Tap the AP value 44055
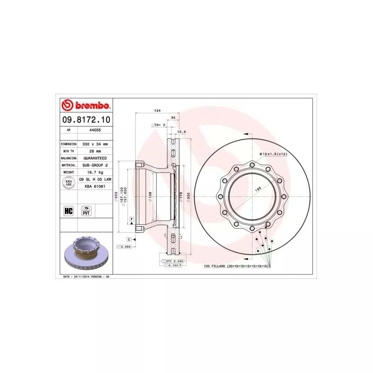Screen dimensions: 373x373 [x=95, y=131]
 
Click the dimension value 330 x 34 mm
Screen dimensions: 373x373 [x=95, y=144]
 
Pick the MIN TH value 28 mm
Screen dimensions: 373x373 [x=95, y=151]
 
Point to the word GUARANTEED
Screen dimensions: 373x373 [x=95, y=158]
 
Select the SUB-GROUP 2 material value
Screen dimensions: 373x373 [x=95, y=165]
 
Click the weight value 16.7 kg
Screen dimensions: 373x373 [x=95, y=172]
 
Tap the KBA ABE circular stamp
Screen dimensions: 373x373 [x=68, y=183]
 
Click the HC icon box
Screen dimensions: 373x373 [x=69, y=211]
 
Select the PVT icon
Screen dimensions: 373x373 [x=86, y=211]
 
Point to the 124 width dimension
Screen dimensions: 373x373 [x=157, y=111]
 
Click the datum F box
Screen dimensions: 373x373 [x=132, y=219]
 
